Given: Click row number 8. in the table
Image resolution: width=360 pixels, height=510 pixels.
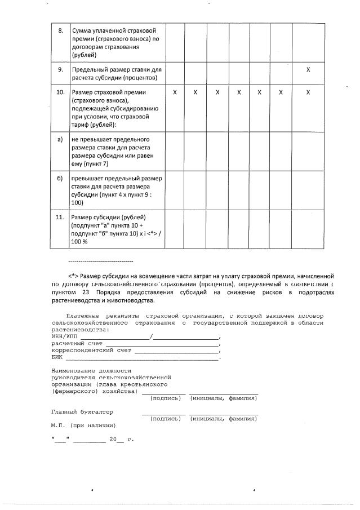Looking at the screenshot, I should pyautogui.click(x=60, y=30).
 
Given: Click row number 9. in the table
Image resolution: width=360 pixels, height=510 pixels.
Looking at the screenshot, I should pyautogui.click(x=60, y=69).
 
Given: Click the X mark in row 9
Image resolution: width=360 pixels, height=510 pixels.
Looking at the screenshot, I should pyautogui.click(x=308, y=69).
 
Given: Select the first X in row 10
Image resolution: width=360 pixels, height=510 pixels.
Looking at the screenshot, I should pyautogui.click(x=175, y=91).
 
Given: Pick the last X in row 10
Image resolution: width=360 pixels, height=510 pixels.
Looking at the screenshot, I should pyautogui.click(x=308, y=91).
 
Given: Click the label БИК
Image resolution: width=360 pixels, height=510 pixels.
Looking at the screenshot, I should pyautogui.click(x=57, y=357).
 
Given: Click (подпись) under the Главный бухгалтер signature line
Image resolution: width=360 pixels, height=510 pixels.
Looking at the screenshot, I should pyautogui.click(x=166, y=419).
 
